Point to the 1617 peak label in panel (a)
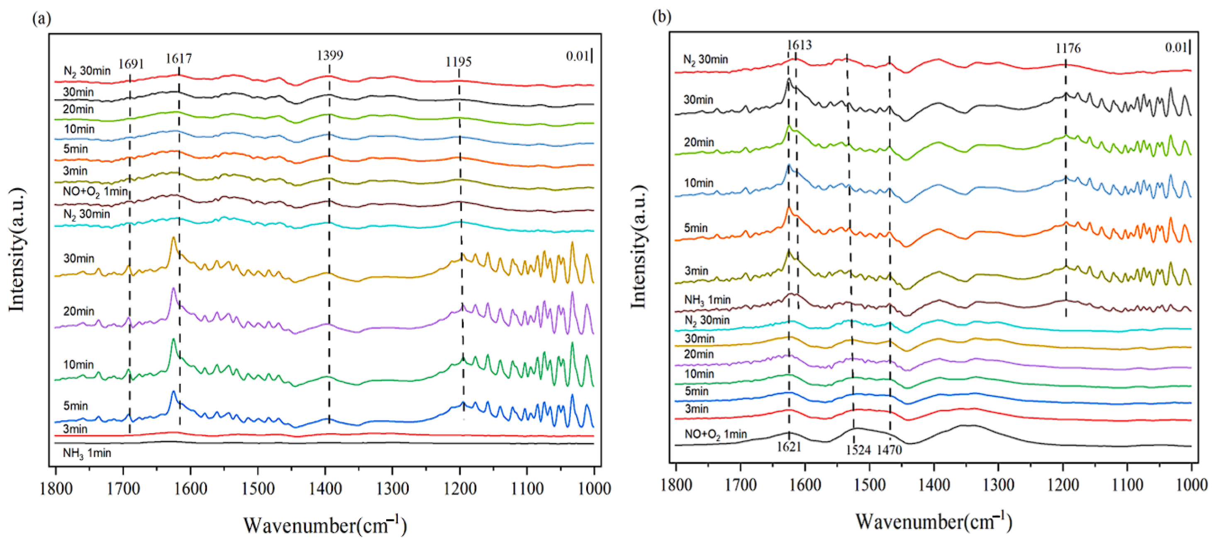tap(178, 58)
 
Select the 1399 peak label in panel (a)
tap(330, 56)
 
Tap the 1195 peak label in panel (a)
tap(458, 62)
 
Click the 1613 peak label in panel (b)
tap(799, 45)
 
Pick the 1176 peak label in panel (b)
tap(1068, 48)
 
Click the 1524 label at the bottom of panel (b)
tap(858, 450)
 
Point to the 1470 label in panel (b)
tap(889, 450)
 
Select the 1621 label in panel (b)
tap(789, 447)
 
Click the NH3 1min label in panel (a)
tap(87, 453)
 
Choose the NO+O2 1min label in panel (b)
tap(715, 434)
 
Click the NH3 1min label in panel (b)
tap(707, 300)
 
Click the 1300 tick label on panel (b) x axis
tap(998, 485)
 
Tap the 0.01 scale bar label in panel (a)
tap(577, 56)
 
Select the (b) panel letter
tap(661, 17)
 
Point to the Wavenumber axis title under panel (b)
tap(934, 522)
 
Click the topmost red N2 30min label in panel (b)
tap(705, 60)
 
